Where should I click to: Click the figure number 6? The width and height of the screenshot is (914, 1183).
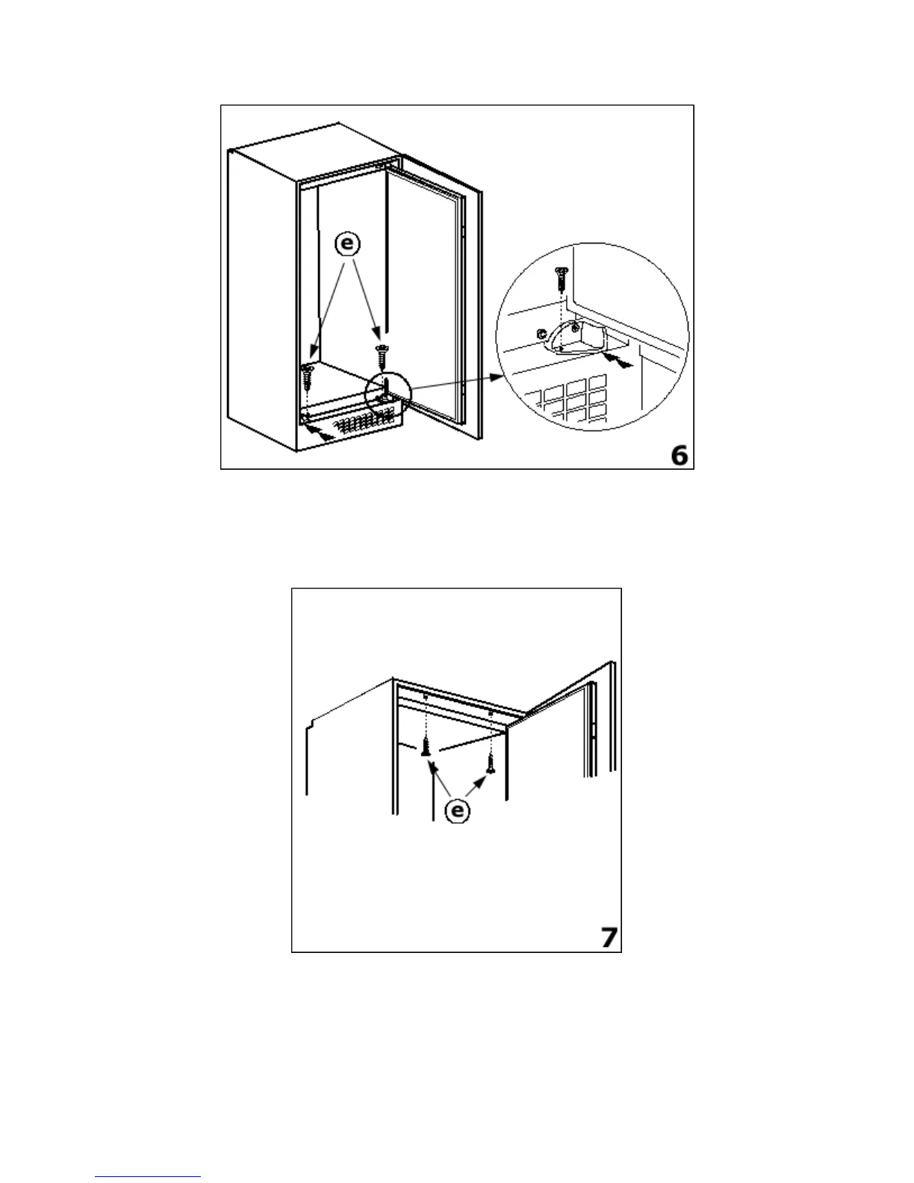pyautogui.click(x=679, y=454)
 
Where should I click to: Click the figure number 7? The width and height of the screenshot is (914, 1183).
pyautogui.click(x=610, y=937)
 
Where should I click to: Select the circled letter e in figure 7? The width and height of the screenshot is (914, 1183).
pyautogui.click(x=458, y=810)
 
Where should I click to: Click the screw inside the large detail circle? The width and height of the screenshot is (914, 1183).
pyautogui.click(x=561, y=279)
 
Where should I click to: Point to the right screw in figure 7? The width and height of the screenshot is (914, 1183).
pyautogui.click(x=491, y=763)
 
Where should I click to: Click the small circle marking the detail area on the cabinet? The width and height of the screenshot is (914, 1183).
pyautogui.click(x=388, y=393)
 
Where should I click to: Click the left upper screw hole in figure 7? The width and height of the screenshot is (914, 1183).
pyautogui.click(x=426, y=698)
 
